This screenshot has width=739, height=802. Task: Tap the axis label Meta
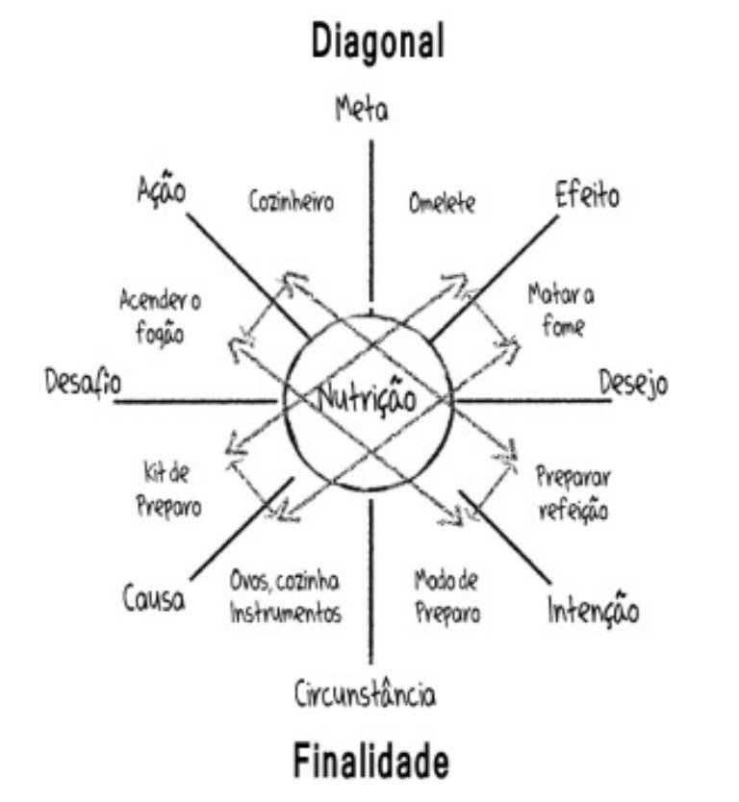click(x=362, y=109)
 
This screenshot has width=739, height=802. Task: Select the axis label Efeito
click(x=587, y=196)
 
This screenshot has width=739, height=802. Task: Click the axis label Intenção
click(x=593, y=611)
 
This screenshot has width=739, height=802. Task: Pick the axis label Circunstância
click(x=365, y=693)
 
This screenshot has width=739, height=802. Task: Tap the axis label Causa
click(x=154, y=600)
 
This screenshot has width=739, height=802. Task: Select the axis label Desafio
click(x=82, y=383)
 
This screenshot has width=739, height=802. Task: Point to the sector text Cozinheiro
click(x=291, y=203)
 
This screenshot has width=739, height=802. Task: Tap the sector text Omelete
click(x=442, y=205)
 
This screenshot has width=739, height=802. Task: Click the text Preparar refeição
click(x=573, y=493)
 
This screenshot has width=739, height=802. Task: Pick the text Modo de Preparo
click(x=446, y=596)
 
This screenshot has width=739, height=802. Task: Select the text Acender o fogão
click(x=160, y=316)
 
